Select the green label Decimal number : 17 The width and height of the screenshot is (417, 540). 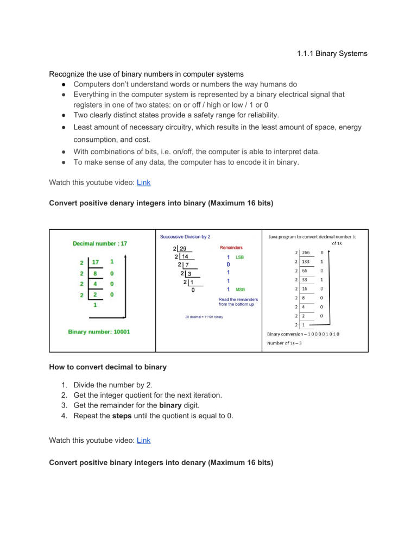100,243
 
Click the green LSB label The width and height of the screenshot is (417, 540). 239,257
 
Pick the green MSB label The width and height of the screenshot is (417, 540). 239,290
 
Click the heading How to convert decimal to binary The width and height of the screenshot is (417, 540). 108,367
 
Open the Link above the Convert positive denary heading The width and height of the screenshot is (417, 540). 143,184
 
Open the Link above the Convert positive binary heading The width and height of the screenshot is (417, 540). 143,441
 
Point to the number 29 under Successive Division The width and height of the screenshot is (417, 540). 179,249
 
